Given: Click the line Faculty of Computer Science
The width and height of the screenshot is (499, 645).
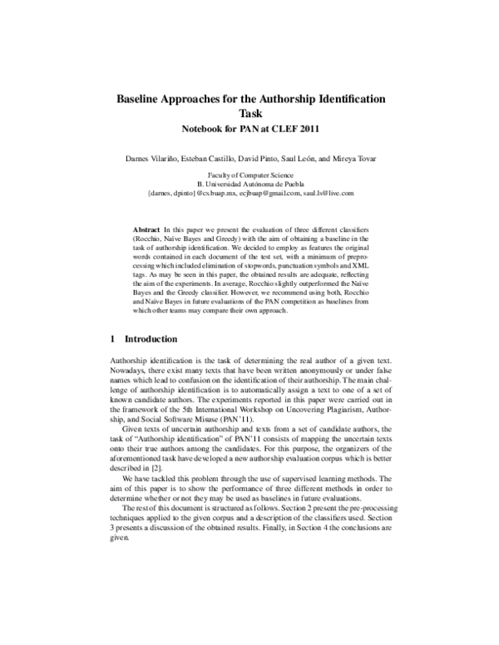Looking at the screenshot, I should [x=250, y=175].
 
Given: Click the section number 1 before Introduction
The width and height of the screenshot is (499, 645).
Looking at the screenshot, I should [x=112, y=340].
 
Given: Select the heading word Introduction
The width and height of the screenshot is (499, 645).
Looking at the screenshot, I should [x=151, y=340].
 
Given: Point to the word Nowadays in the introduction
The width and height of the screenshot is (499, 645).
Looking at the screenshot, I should [x=128, y=372].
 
